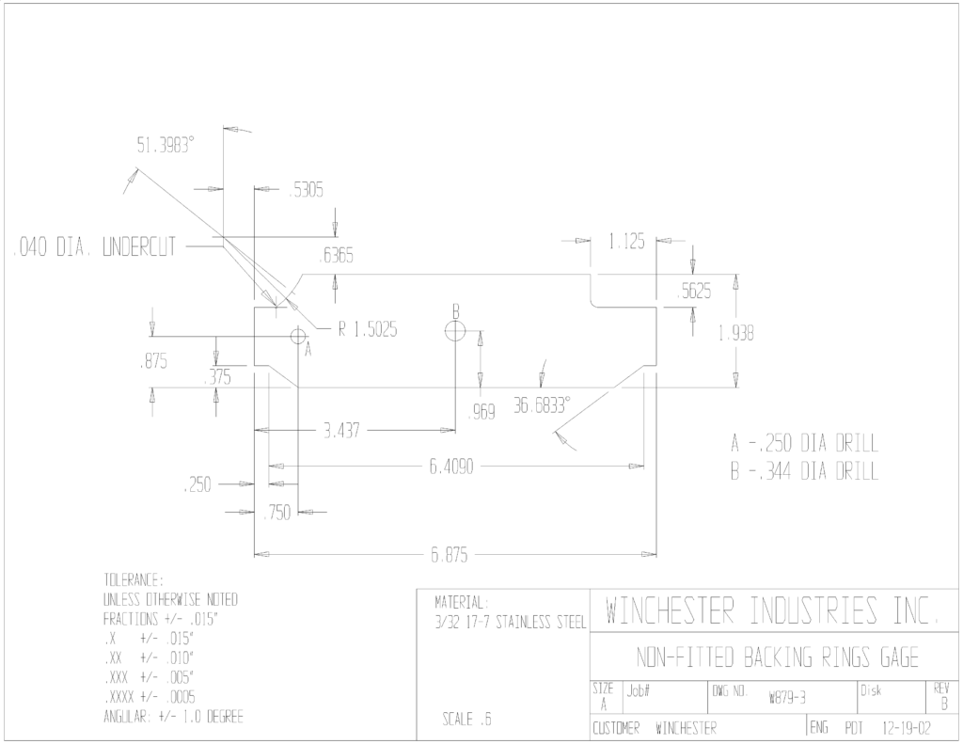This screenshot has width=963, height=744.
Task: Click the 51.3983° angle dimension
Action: pyautogui.click(x=166, y=146)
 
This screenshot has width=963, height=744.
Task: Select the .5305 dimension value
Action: pyautogui.click(x=306, y=190)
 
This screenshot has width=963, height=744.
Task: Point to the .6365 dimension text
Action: pyautogui.click(x=337, y=255)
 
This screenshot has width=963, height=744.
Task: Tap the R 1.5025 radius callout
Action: pyautogui.click(x=368, y=330)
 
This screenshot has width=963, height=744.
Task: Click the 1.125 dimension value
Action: pyautogui.click(x=626, y=242)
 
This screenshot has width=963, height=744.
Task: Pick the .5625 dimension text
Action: pyautogui.click(x=694, y=292)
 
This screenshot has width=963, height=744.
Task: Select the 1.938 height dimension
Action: pyautogui.click(x=735, y=334)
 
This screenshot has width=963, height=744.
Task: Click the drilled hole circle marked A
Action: pyautogui.click(x=298, y=336)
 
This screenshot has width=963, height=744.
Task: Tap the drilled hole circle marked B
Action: pyautogui.click(x=455, y=331)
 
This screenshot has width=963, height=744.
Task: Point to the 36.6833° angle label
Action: pyautogui.click(x=543, y=405)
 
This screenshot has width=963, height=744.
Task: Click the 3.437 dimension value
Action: pyautogui.click(x=341, y=431)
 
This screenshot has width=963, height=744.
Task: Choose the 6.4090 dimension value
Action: pyautogui.click(x=451, y=467)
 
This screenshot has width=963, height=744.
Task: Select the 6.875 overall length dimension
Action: pyautogui.click(x=449, y=555)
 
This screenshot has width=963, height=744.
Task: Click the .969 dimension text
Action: pyautogui.click(x=481, y=412)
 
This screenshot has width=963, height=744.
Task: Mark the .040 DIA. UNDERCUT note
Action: pyautogui.click(x=94, y=247)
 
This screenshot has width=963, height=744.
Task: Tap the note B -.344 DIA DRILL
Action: pyautogui.click(x=805, y=472)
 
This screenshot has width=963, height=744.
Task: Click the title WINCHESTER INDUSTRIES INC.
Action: pyautogui.click(x=773, y=610)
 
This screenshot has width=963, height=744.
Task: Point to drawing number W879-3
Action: pyautogui.click(x=787, y=698)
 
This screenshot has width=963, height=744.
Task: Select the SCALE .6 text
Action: pyautogui.click(x=466, y=719)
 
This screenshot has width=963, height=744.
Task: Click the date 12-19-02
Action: pyautogui.click(x=907, y=729)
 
